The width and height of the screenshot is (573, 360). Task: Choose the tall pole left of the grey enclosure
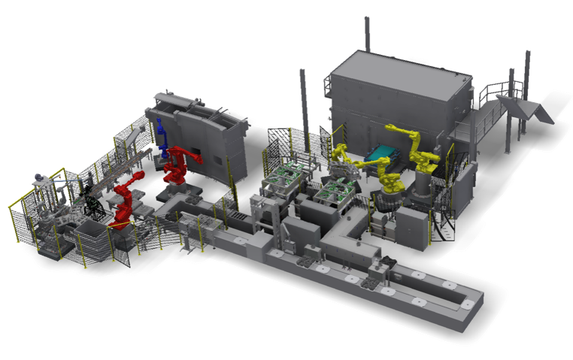click(303, 98)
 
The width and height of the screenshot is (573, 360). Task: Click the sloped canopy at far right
click(533, 113)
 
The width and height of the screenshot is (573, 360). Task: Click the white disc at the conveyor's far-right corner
click(468, 304)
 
